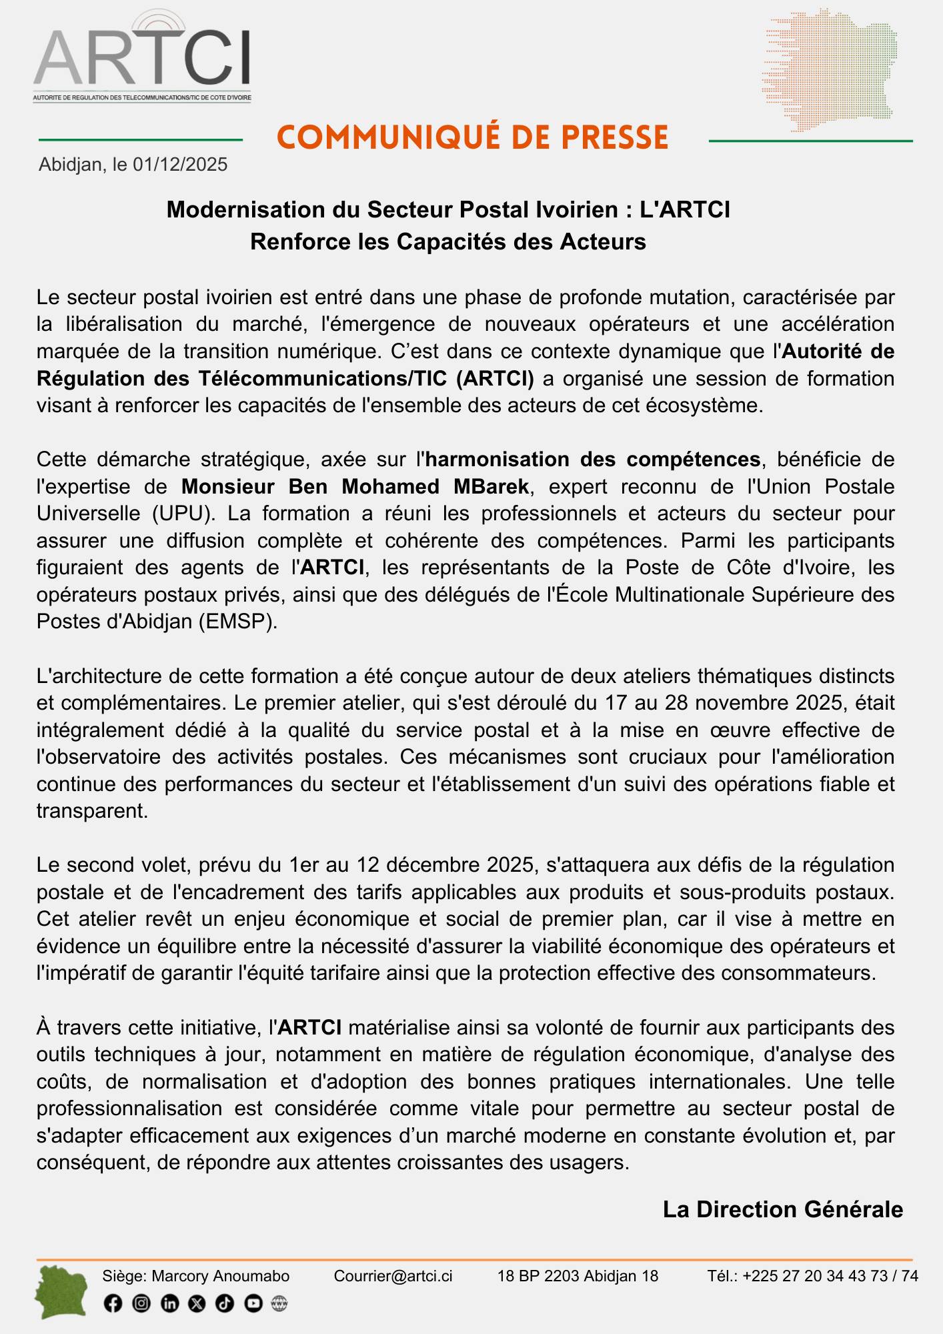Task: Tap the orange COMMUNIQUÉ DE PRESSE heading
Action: click(x=472, y=137)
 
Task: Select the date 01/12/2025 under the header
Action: click(x=180, y=165)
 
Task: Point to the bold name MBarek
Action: click(x=492, y=486)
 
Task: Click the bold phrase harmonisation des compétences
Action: click(x=593, y=460)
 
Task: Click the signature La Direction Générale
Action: click(x=782, y=1209)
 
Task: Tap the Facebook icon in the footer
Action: click(x=113, y=1303)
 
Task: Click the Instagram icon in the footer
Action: click(x=141, y=1303)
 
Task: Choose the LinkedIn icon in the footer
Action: click(x=170, y=1303)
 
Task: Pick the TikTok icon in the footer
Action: click(x=225, y=1303)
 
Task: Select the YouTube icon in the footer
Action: click(x=253, y=1303)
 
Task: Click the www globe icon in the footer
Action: click(x=279, y=1303)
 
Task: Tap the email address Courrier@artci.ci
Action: click(x=393, y=1276)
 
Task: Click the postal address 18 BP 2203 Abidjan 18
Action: click(x=578, y=1276)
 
